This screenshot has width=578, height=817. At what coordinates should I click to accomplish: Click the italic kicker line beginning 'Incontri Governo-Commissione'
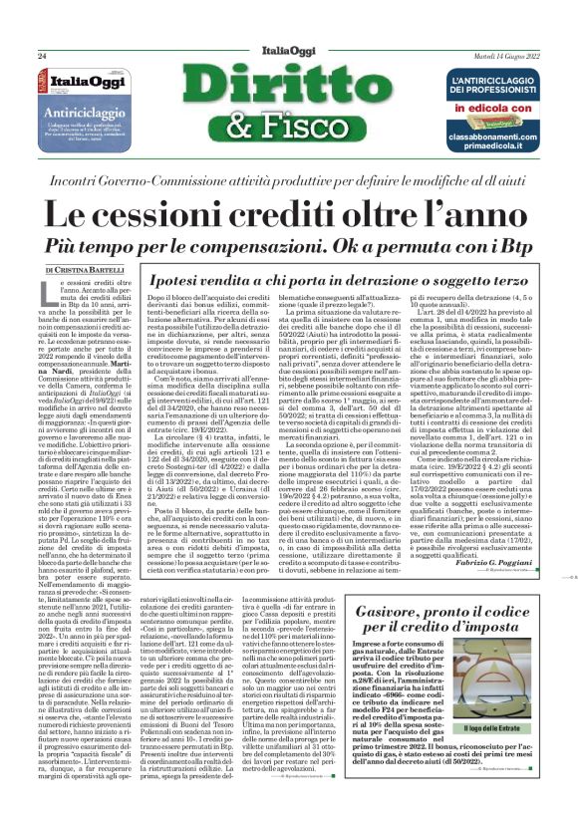288,180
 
